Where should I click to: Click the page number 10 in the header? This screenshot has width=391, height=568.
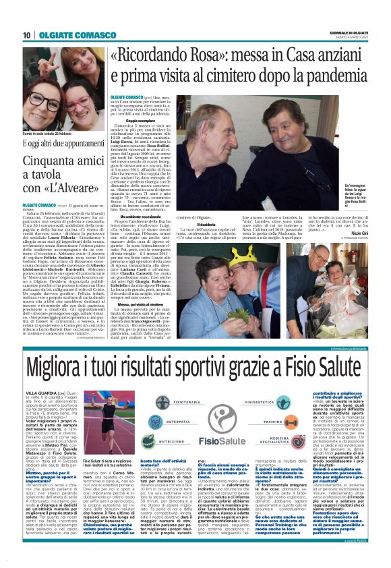[x=26, y=35]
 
